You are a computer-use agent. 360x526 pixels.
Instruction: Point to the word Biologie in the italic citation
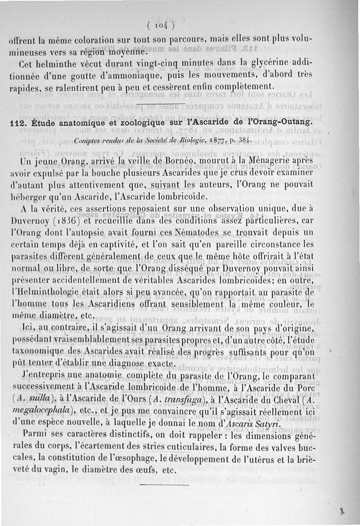[x=195, y=139]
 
